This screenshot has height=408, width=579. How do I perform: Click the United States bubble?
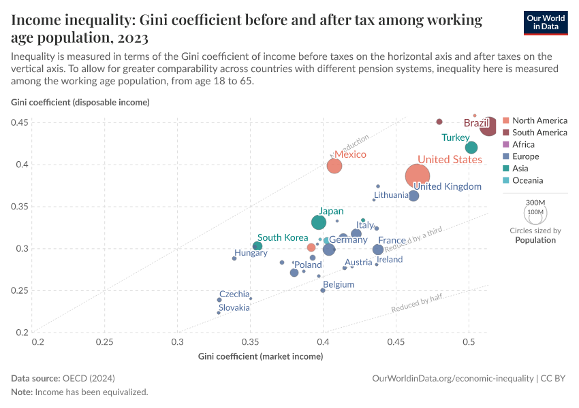(x=417, y=176)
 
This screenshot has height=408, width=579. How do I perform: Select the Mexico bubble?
(x=334, y=166)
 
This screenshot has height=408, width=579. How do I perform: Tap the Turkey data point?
(x=471, y=148)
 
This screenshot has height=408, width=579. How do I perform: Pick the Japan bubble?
(x=319, y=222)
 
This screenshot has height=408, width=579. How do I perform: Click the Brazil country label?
(x=477, y=123)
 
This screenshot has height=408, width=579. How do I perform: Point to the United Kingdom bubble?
(x=413, y=196)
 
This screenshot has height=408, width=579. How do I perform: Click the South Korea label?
(x=283, y=237)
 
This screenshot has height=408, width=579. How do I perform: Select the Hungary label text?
(x=251, y=253)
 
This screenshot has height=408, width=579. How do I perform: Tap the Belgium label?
(x=339, y=284)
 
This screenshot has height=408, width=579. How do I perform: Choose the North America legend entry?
(x=539, y=120)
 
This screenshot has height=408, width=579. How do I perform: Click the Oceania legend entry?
(x=527, y=180)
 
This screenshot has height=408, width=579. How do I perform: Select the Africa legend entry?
(x=523, y=144)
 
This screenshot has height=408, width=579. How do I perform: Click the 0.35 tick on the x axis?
(x=251, y=341)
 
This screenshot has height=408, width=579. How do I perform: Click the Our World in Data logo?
(x=545, y=22)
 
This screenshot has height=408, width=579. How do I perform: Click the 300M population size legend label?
(x=536, y=203)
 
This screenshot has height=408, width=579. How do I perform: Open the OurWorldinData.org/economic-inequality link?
(x=453, y=378)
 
